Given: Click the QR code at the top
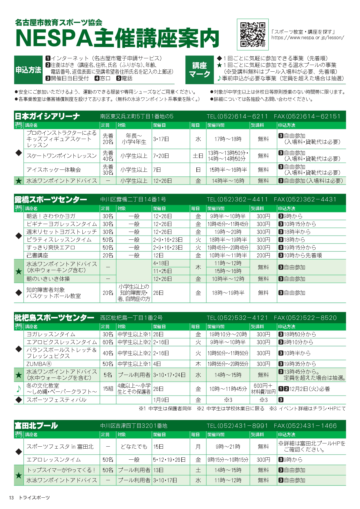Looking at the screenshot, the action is point(253,35).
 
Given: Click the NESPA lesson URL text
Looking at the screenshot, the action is point(307,38).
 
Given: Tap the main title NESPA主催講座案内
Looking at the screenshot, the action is point(117,38).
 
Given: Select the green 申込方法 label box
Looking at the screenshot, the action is point(28,70).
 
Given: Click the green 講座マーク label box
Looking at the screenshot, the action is point(200,70).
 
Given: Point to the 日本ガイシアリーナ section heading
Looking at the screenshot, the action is point(47,116).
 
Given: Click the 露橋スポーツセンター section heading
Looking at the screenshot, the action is point(51,200).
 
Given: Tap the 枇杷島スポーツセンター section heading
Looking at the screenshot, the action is point(54,318).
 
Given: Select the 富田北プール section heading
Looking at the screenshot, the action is point(36,426).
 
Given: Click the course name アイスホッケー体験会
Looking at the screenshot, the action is point(54,170).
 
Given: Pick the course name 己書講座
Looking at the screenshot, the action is point(37,255).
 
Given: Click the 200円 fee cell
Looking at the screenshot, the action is point(263,255).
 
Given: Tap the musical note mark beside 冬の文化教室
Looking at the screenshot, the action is point(19,389).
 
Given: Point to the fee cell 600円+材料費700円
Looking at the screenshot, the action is point(263,389).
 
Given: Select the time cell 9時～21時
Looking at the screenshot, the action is point(228,447).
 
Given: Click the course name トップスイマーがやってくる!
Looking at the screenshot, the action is point(61,470).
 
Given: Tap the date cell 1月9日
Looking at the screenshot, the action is point(161,400).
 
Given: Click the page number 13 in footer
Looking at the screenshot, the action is point(11,498).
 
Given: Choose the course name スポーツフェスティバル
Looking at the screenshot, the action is point(57,400).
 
